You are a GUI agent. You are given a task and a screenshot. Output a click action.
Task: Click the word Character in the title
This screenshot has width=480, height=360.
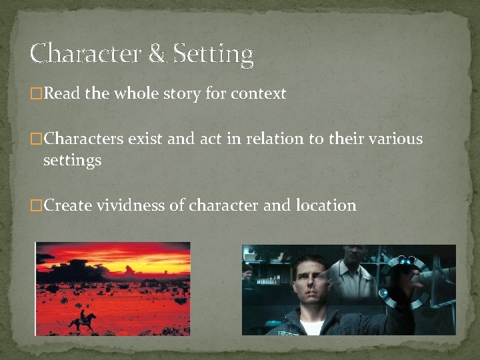coord(86,54)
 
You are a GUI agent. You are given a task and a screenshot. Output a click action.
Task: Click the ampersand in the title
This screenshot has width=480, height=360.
coord(157,54)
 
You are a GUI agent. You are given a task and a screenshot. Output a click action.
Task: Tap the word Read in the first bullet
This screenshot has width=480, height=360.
coord(62,94)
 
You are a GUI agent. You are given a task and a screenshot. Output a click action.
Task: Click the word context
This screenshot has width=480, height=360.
coord(259,94)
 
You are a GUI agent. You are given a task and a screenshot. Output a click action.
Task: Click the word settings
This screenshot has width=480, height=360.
coord(72,161)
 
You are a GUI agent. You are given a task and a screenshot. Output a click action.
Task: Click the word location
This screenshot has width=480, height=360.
coord(326,205)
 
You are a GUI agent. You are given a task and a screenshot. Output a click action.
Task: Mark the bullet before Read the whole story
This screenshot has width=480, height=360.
coord(36,95)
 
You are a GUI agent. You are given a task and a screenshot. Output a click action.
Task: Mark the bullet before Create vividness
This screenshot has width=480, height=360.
coord(36,206)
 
